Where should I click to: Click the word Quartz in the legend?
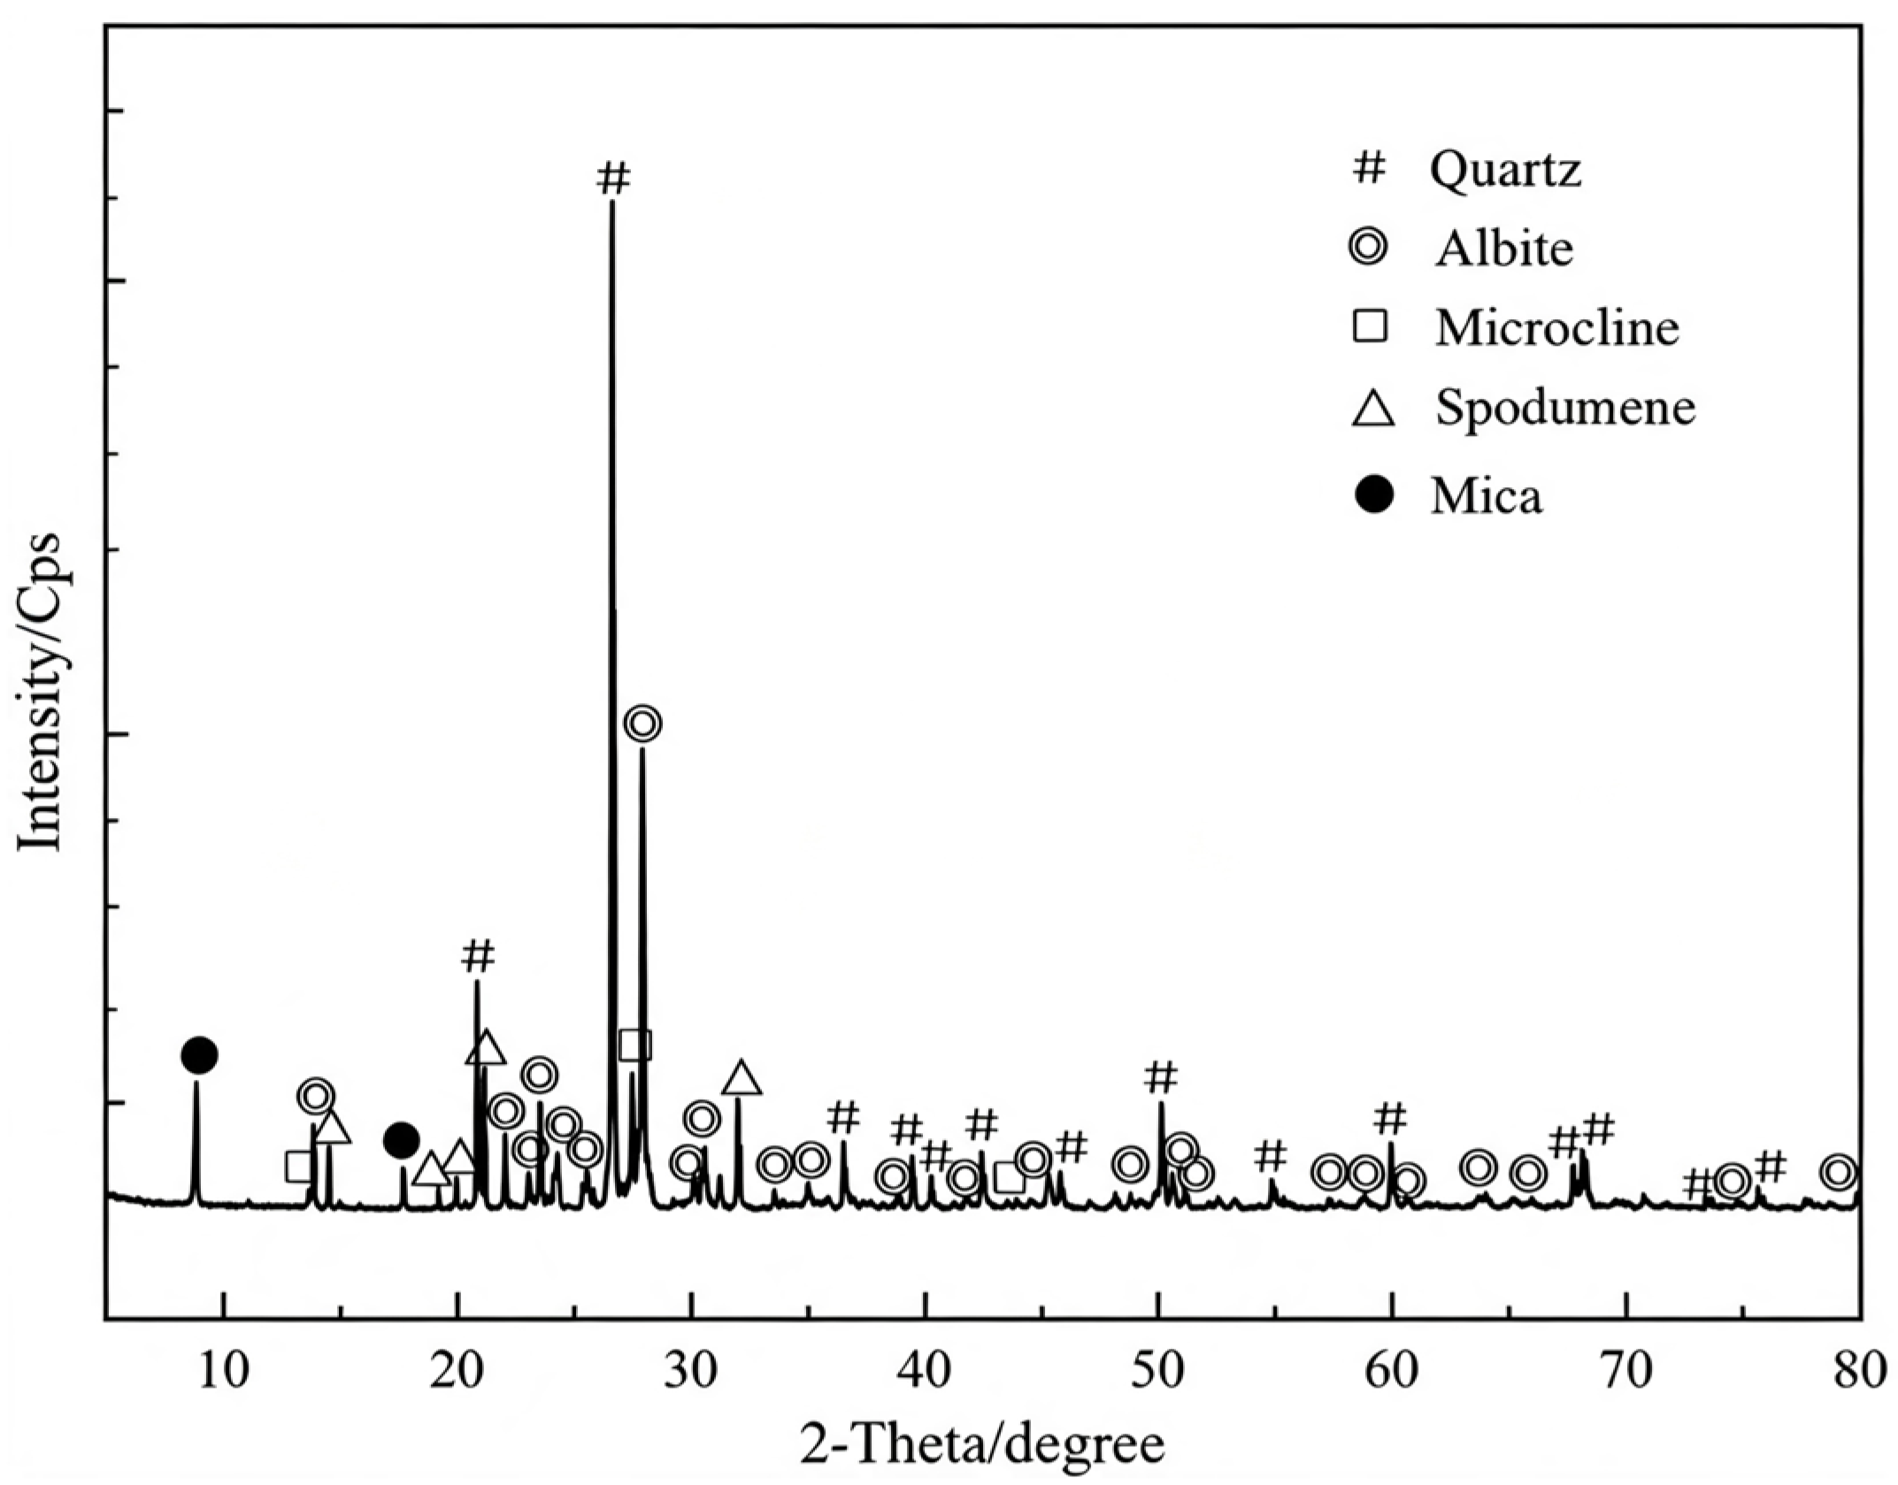click(x=1505, y=169)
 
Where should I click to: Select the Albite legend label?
click(x=1504, y=249)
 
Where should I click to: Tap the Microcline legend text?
click(x=1557, y=328)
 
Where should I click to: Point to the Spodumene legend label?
click(x=1565, y=409)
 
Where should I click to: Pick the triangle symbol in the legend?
click(x=1373, y=410)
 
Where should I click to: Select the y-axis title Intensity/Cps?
click(x=42, y=692)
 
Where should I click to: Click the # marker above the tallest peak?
click(x=613, y=178)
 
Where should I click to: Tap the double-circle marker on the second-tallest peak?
click(x=643, y=723)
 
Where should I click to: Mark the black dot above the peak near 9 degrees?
click(x=199, y=1054)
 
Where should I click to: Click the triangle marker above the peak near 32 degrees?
click(x=742, y=1078)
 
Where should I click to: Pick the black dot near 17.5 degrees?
click(x=401, y=1140)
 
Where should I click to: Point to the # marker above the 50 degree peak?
click(x=1161, y=1076)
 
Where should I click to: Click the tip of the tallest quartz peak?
click(x=611, y=202)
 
